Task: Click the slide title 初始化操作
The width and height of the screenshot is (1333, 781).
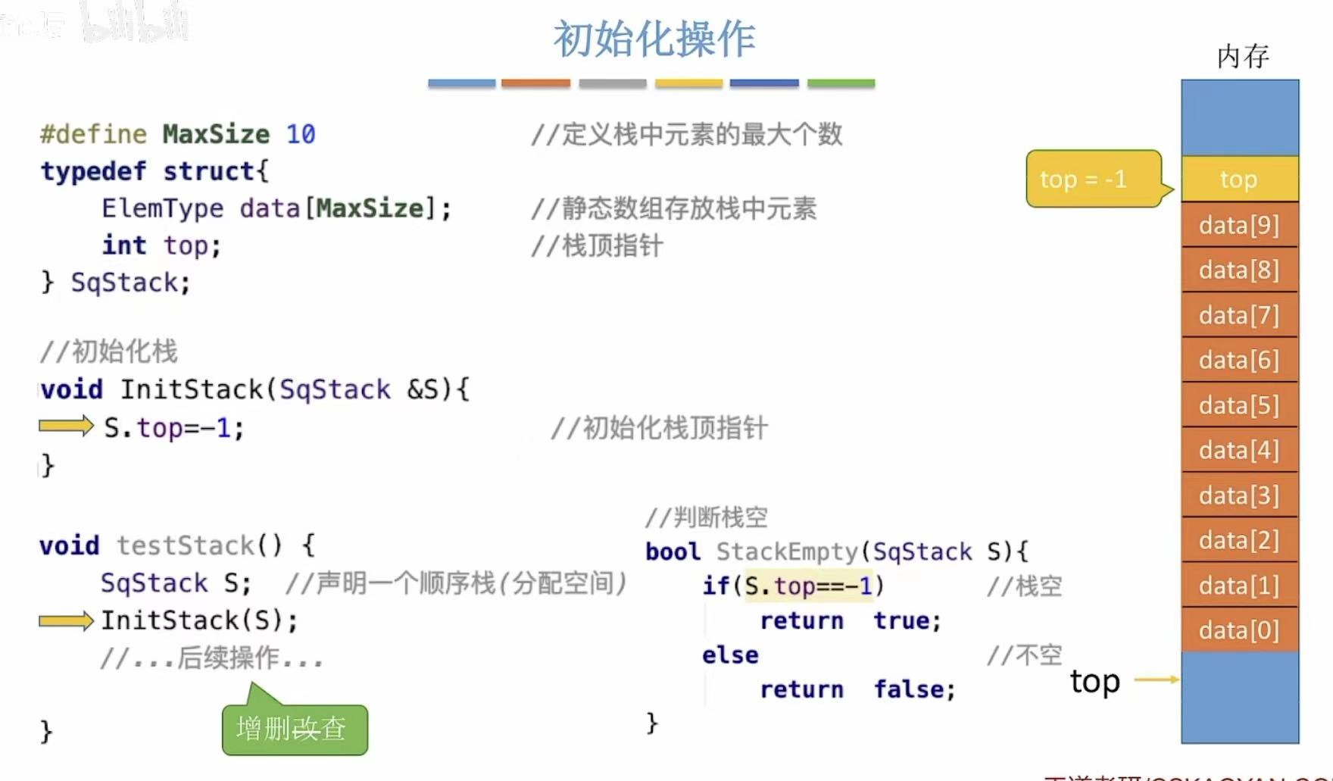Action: pyautogui.click(x=654, y=39)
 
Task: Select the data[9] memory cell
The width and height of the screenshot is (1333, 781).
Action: pyautogui.click(x=1239, y=225)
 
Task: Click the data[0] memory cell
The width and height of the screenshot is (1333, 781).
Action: pyautogui.click(x=1239, y=630)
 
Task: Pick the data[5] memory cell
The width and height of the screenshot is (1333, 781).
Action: pyautogui.click(x=1239, y=405)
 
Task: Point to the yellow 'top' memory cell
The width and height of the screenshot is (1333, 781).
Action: pyautogui.click(x=1239, y=180)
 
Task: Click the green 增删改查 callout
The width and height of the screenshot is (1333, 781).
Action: pyautogui.click(x=294, y=729)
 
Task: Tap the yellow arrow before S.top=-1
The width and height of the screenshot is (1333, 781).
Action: pyautogui.click(x=65, y=426)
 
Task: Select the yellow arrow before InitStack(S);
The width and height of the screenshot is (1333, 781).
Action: pyautogui.click(x=65, y=621)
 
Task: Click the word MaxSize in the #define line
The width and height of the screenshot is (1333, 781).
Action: pyautogui.click(x=216, y=134)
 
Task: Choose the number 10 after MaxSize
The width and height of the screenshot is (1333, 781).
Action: pyautogui.click(x=301, y=134)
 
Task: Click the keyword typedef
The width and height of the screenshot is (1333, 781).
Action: pyautogui.click(x=93, y=171)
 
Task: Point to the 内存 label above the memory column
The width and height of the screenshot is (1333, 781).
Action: pyautogui.click(x=1242, y=56)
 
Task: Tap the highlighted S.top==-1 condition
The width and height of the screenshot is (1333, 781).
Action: pyautogui.click(x=809, y=586)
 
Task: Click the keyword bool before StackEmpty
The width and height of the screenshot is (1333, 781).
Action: pyautogui.click(x=673, y=551)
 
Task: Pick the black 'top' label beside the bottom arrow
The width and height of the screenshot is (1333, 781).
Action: pyautogui.click(x=1094, y=681)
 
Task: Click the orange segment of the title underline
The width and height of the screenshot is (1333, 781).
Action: pyautogui.click(x=535, y=83)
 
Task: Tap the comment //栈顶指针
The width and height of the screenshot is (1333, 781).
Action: pyautogui.click(x=597, y=245)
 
